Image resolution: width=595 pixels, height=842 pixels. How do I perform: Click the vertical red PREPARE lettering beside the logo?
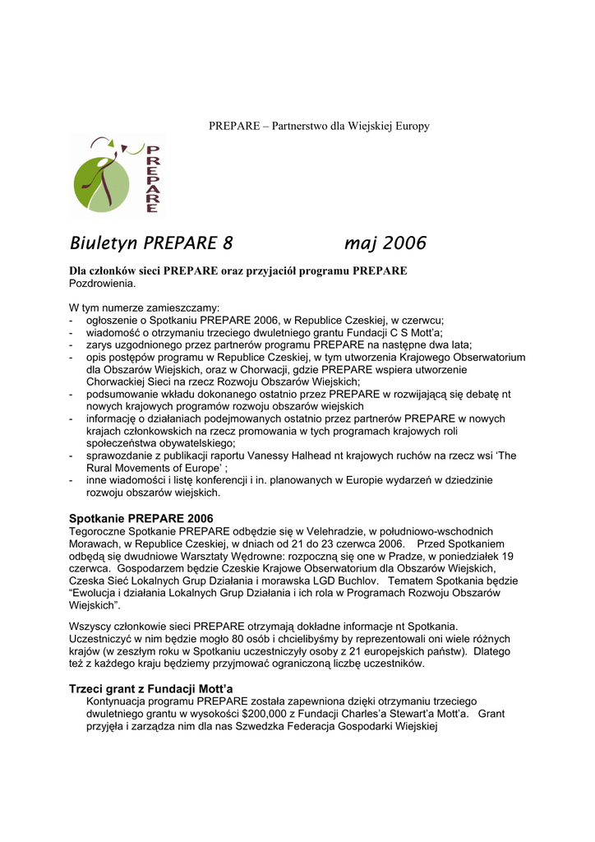(152, 178)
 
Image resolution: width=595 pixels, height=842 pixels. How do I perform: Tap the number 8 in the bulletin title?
(228, 243)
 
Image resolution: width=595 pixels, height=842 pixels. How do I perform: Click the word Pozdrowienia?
(102, 283)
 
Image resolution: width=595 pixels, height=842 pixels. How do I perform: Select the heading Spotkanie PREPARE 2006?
(141, 518)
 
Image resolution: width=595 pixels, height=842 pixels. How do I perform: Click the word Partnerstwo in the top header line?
(300, 126)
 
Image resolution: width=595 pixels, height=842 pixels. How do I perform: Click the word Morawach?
(94, 544)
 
